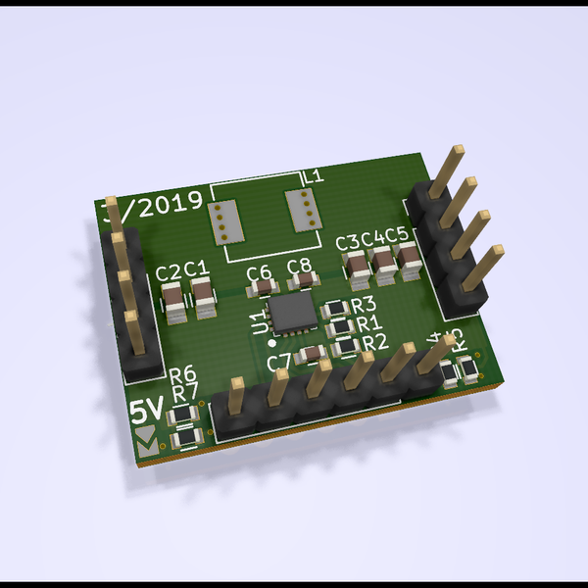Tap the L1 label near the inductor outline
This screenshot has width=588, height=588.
click(x=314, y=176)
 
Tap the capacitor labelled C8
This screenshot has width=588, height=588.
click(x=302, y=280)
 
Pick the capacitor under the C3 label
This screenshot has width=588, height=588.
click(x=354, y=268)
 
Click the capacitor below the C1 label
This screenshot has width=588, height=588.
click(x=204, y=297)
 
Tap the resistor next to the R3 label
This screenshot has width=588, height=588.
click(x=337, y=307)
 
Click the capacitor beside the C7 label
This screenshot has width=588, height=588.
click(x=312, y=355)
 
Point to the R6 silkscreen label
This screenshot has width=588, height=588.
click(x=182, y=375)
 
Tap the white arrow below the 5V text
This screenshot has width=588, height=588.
click(x=147, y=439)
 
